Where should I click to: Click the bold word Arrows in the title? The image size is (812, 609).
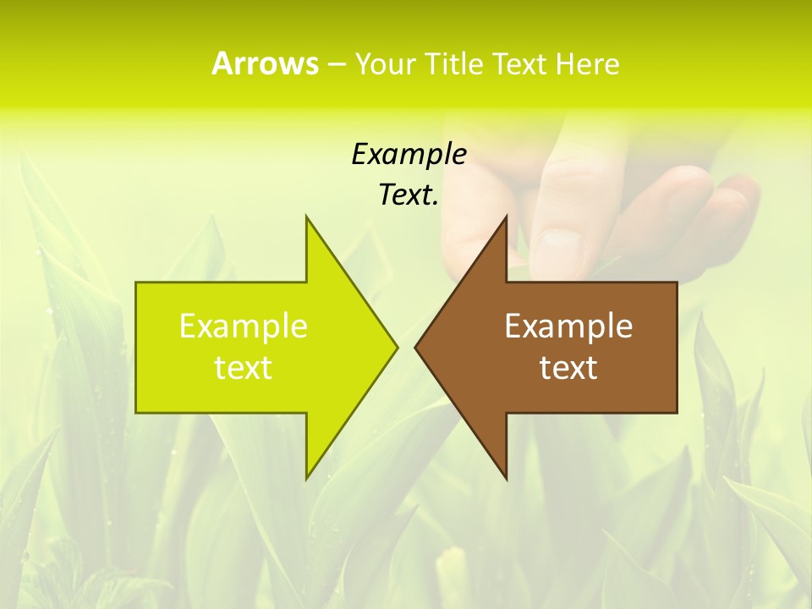click(x=265, y=63)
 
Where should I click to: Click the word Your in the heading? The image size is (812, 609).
click(x=384, y=65)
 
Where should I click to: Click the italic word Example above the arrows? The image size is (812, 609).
click(x=409, y=154)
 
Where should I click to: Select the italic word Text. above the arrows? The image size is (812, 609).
click(x=409, y=195)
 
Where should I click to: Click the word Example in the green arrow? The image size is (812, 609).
click(x=244, y=326)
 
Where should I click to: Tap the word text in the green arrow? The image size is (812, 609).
click(x=244, y=367)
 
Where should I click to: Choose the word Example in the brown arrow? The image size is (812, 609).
click(x=568, y=326)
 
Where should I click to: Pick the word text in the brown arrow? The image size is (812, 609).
click(x=568, y=367)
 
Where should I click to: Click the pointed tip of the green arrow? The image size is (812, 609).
click(x=397, y=347)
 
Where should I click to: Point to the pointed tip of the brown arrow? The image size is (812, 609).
click(x=415, y=347)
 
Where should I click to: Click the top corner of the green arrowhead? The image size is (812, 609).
click(x=306, y=217)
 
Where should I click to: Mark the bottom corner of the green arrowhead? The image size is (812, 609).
click(x=306, y=479)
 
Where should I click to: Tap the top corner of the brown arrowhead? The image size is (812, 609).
click(x=506, y=217)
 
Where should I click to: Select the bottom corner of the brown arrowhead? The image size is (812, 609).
click(x=506, y=479)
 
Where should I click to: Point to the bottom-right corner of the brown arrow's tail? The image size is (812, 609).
click(x=677, y=413)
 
